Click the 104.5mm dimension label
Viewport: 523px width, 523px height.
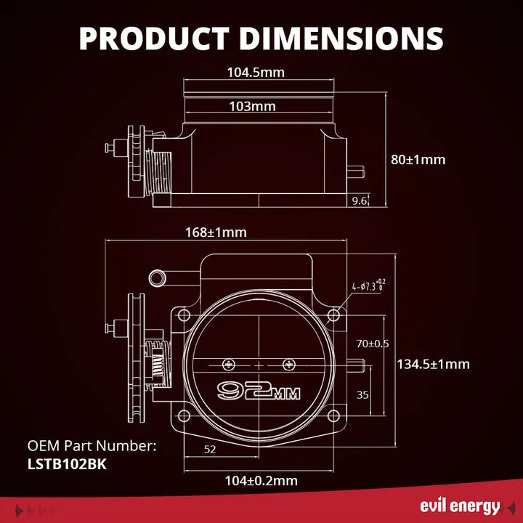[256, 73]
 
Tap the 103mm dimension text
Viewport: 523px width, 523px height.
[253, 106]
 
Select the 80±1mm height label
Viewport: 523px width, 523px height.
[418, 159]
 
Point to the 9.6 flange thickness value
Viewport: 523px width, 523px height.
[360, 200]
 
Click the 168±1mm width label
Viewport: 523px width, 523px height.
[216, 232]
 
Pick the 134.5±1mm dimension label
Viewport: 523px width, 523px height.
[433, 364]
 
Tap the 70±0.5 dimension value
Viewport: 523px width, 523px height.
[373, 344]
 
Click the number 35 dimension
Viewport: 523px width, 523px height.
[362, 395]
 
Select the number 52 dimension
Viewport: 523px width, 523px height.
[210, 450]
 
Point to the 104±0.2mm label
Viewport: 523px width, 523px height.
[261, 481]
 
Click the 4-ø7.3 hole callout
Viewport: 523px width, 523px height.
[368, 285]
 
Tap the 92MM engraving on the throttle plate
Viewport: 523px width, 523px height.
[259, 391]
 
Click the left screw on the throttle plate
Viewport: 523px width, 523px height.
[229, 365]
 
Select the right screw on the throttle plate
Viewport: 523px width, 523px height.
[289, 365]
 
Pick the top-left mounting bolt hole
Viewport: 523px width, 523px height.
[184, 315]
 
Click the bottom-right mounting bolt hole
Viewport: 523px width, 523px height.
[333, 416]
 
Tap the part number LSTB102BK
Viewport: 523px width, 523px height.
[67, 464]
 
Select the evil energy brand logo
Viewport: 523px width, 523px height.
[460, 506]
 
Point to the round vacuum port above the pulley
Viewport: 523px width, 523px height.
[157, 277]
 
